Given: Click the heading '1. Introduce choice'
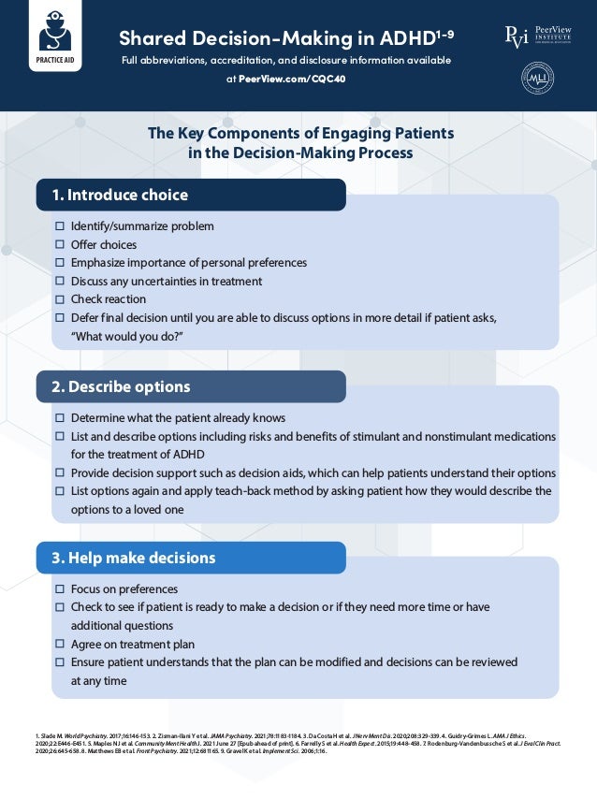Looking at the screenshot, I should [120, 196].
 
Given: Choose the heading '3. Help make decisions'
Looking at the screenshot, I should [133, 558].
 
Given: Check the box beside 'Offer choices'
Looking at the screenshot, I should [60, 245].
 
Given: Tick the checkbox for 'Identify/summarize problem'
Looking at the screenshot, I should [60, 226].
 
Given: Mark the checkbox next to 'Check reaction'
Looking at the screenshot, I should [60, 299].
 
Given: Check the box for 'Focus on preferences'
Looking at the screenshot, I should [60, 590].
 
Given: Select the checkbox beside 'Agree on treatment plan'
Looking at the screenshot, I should [60, 645].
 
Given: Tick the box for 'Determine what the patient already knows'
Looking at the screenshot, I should [60, 418].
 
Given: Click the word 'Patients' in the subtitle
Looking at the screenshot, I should [419, 133].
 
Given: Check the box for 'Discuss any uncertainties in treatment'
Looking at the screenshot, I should [60, 281].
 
